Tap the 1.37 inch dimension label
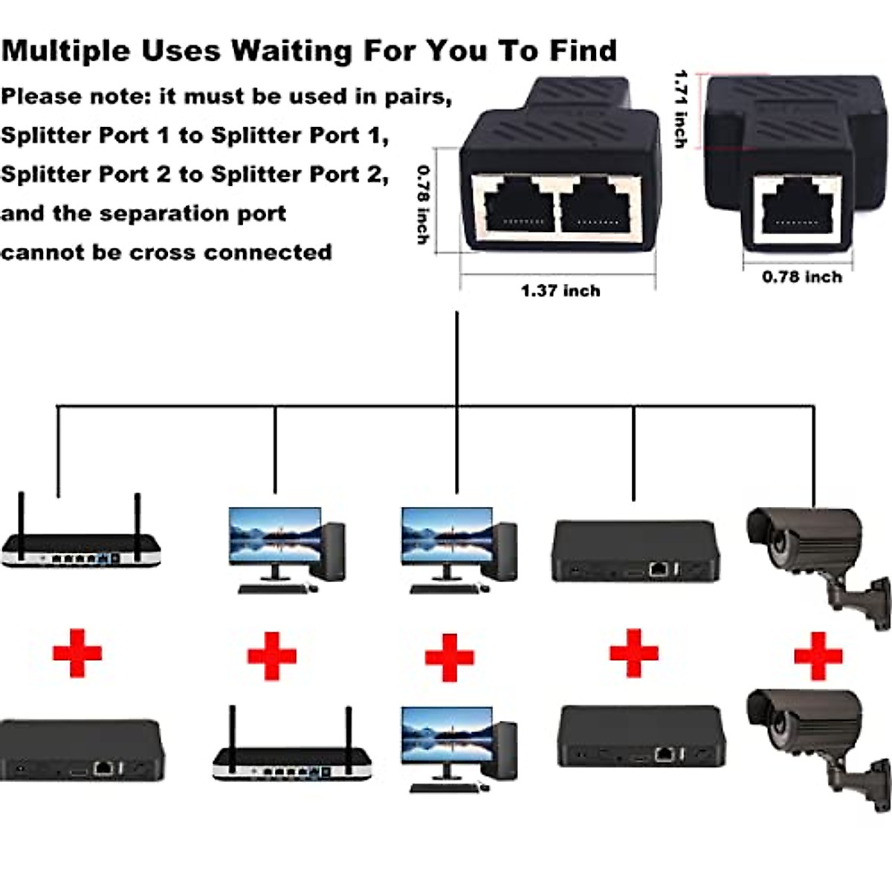click(560, 291)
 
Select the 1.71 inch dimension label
click(680, 109)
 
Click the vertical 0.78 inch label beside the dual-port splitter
click(423, 204)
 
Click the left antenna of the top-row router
click(22, 524)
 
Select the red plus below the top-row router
click(77, 653)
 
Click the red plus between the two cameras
click(818, 656)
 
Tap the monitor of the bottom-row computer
click(446, 732)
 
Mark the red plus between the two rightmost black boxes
click(633, 653)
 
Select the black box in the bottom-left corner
click(80, 749)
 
